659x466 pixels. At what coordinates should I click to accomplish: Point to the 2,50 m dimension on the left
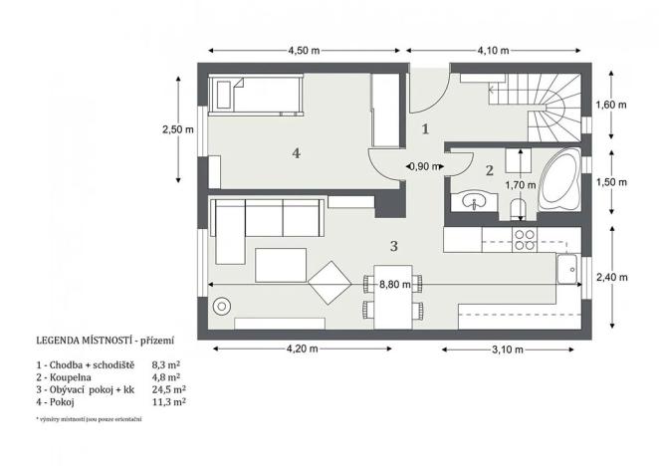coord(179,128)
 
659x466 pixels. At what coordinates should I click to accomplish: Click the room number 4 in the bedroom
coord(296,152)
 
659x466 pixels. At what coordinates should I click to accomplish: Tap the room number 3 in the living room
coord(394,244)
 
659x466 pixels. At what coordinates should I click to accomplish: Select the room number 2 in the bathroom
coord(489,170)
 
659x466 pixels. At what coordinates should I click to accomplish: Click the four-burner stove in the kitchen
coord(524,239)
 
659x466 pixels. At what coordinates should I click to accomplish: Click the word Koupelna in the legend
coord(69,377)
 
